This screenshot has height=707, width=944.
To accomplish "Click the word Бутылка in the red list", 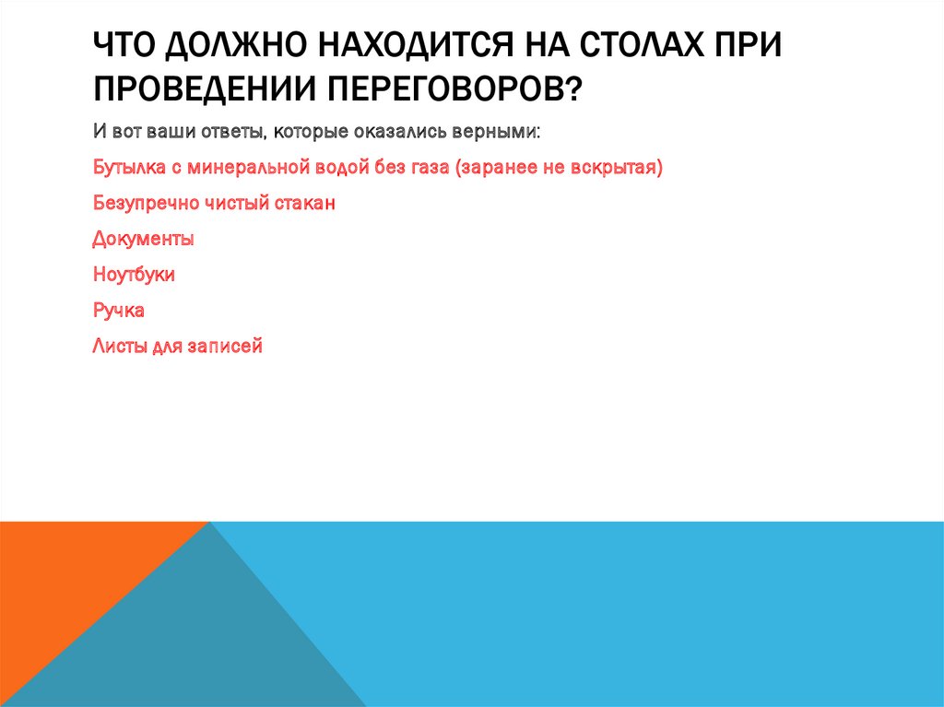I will (x=125, y=168).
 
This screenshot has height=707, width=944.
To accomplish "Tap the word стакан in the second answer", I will (x=304, y=203).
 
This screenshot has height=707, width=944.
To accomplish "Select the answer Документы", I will (x=143, y=239).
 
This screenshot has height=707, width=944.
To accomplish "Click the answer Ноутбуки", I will (x=134, y=275).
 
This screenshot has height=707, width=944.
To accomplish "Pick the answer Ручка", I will (x=118, y=311).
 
